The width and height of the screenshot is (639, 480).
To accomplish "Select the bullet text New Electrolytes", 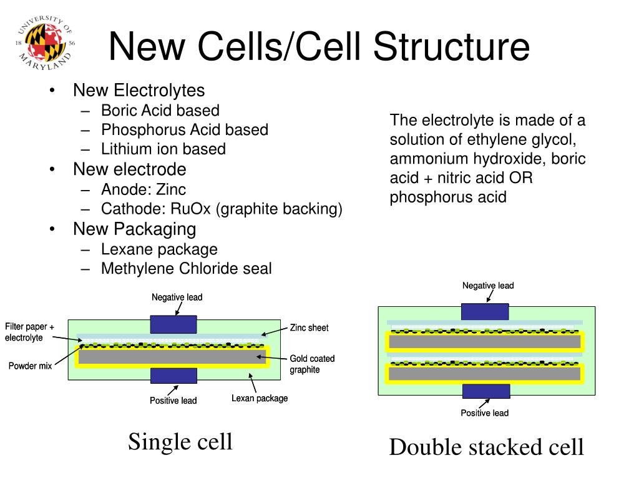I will pyautogui.click(x=139, y=91).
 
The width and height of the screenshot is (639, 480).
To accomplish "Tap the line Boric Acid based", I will pyautogui.click(x=160, y=111).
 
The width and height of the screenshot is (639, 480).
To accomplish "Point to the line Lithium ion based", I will pyautogui.click(x=163, y=149).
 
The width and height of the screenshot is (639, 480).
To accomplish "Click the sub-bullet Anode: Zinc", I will pyautogui.click(x=144, y=189).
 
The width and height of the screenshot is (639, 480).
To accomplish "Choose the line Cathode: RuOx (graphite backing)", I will pyautogui.click(x=222, y=209).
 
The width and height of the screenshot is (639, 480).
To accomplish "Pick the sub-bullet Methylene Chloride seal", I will pyautogui.click(x=186, y=269).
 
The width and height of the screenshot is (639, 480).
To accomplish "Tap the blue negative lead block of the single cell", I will pyautogui.click(x=174, y=324).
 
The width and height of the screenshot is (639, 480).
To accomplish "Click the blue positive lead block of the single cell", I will pyautogui.click(x=174, y=375).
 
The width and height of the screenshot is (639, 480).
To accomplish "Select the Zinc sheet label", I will pyautogui.click(x=309, y=327).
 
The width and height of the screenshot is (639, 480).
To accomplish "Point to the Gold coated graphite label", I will pyautogui.click(x=312, y=364).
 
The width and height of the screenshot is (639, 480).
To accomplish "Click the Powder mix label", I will pyautogui.click(x=30, y=366).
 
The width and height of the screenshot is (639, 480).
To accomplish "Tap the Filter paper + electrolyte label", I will pyautogui.click(x=30, y=332).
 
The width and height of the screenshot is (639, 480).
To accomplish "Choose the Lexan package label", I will pyautogui.click(x=260, y=398).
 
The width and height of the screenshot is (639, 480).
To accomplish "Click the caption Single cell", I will pyautogui.click(x=180, y=441).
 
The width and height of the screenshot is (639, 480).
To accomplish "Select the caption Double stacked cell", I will pyautogui.click(x=486, y=447).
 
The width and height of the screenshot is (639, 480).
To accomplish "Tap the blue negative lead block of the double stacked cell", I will pyautogui.click(x=485, y=311).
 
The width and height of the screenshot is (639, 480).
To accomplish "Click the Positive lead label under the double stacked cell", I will pyautogui.click(x=484, y=412).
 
